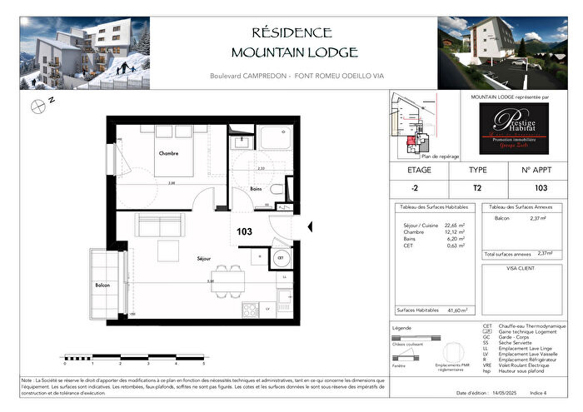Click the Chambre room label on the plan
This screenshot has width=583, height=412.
171,153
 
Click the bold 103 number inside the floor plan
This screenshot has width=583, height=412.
244,232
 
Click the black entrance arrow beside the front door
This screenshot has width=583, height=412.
310,226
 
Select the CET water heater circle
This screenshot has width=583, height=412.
281,258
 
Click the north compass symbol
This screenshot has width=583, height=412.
38,105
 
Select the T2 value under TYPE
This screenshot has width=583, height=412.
476,188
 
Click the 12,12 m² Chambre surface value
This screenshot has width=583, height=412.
456,231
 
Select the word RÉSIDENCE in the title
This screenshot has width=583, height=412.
291,32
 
